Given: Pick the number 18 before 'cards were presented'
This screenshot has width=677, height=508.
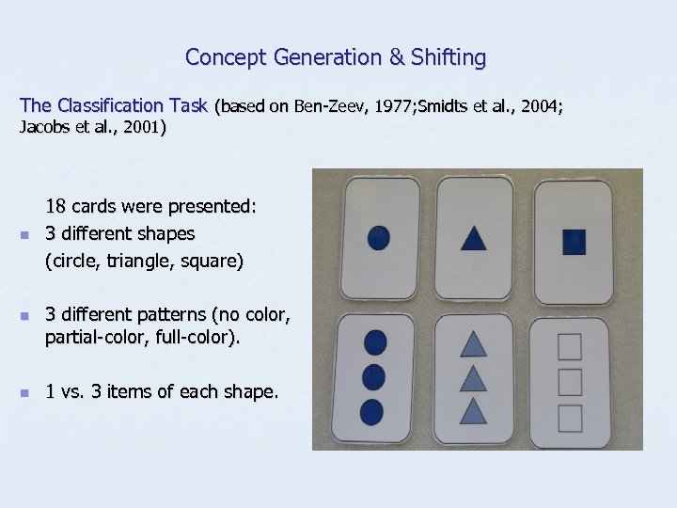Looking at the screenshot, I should point(55,206).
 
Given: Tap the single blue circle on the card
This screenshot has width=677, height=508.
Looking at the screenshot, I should point(377,237).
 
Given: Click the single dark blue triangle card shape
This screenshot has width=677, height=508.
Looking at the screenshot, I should point(474,239).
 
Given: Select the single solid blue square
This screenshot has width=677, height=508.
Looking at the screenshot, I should point(574,242).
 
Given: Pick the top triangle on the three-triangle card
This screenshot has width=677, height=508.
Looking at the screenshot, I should point(473,346).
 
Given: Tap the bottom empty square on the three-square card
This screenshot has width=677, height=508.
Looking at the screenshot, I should point(570,415).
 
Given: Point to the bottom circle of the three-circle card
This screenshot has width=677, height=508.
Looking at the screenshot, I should point(372,411).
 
